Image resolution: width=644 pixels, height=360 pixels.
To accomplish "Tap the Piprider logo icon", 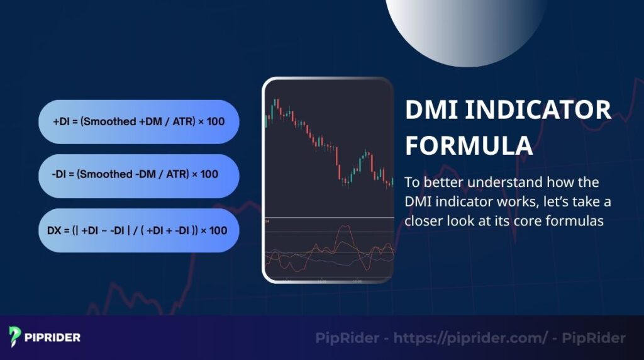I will tap(16, 337).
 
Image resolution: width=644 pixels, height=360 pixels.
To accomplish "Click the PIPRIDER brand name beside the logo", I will tap(53, 337).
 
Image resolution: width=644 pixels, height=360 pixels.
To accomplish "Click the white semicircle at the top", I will tap(466, 25).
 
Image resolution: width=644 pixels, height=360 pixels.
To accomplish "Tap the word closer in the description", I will tap(426, 221).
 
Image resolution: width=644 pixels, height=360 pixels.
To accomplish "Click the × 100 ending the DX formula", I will tap(214, 230).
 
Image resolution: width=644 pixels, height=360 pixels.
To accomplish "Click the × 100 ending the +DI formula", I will tap(211, 121).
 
